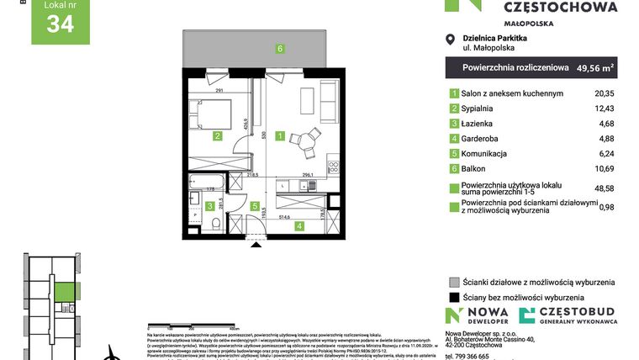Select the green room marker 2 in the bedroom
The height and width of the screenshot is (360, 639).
[217, 135]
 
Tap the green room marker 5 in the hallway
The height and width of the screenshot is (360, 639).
[255, 205]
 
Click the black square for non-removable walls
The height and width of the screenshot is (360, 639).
[454, 297]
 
